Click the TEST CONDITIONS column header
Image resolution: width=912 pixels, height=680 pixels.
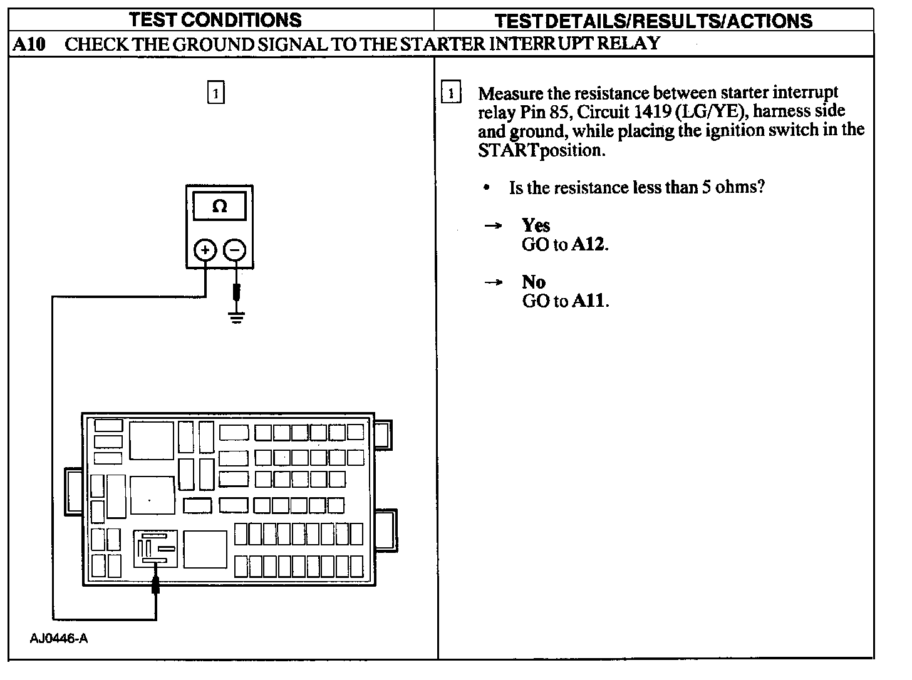(x=215, y=19)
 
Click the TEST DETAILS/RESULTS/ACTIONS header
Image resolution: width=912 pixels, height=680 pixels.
(x=653, y=21)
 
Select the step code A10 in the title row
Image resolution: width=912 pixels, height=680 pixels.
(x=29, y=44)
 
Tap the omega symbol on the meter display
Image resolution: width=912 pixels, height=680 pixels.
(x=219, y=206)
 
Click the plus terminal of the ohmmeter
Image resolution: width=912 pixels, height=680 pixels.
(x=205, y=250)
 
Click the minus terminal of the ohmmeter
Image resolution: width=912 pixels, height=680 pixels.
(x=236, y=250)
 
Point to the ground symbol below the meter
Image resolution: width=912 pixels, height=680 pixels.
(x=236, y=317)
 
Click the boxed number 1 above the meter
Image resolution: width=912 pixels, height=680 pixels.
(x=215, y=93)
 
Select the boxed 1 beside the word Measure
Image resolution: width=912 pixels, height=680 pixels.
(x=450, y=94)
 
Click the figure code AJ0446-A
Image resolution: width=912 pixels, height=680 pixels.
(x=59, y=639)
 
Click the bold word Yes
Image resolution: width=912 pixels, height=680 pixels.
(x=536, y=225)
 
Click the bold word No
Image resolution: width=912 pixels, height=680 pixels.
(x=534, y=282)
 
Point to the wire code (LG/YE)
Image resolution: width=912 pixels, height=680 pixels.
(x=712, y=112)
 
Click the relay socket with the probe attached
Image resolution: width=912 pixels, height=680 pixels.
(x=155, y=549)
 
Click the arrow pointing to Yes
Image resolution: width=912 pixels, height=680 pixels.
(x=494, y=225)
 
